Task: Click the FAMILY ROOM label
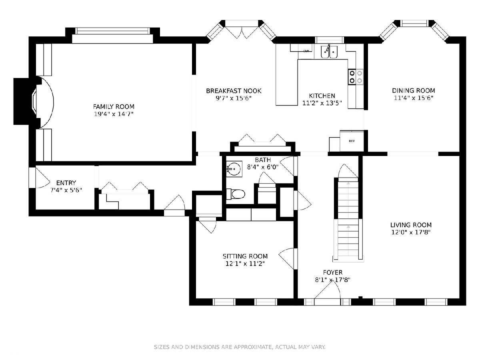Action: (x=114, y=107)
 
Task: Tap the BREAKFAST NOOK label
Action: (x=234, y=91)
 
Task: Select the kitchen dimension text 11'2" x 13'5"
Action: (x=322, y=103)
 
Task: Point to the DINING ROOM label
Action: (x=413, y=90)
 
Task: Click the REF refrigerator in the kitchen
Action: (x=352, y=141)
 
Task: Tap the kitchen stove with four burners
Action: (x=356, y=77)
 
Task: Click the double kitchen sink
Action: (x=329, y=52)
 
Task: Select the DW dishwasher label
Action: (x=306, y=51)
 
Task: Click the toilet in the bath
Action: (x=236, y=194)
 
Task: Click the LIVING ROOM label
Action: (x=411, y=225)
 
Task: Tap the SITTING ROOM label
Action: (x=245, y=256)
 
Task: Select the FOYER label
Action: (x=333, y=272)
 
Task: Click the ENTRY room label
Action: (x=66, y=183)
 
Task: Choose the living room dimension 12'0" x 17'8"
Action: (x=411, y=232)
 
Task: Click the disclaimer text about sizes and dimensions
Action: (x=240, y=347)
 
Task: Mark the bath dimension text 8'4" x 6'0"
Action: (x=263, y=167)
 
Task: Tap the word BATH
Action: (x=263, y=160)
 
